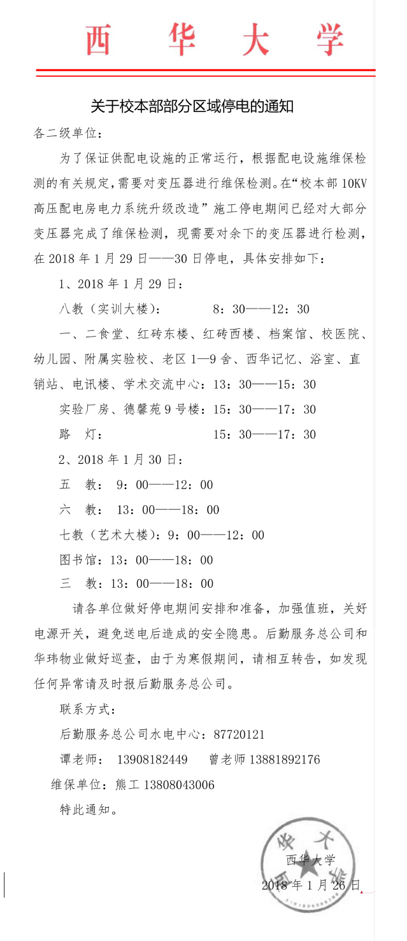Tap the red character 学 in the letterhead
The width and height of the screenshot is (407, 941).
point(329,40)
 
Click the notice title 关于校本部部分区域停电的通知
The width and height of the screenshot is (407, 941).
point(192,106)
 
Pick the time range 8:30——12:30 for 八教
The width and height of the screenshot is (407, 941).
point(261,309)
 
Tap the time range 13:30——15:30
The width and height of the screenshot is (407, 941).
point(265,384)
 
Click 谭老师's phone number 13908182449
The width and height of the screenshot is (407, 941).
point(152,760)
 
